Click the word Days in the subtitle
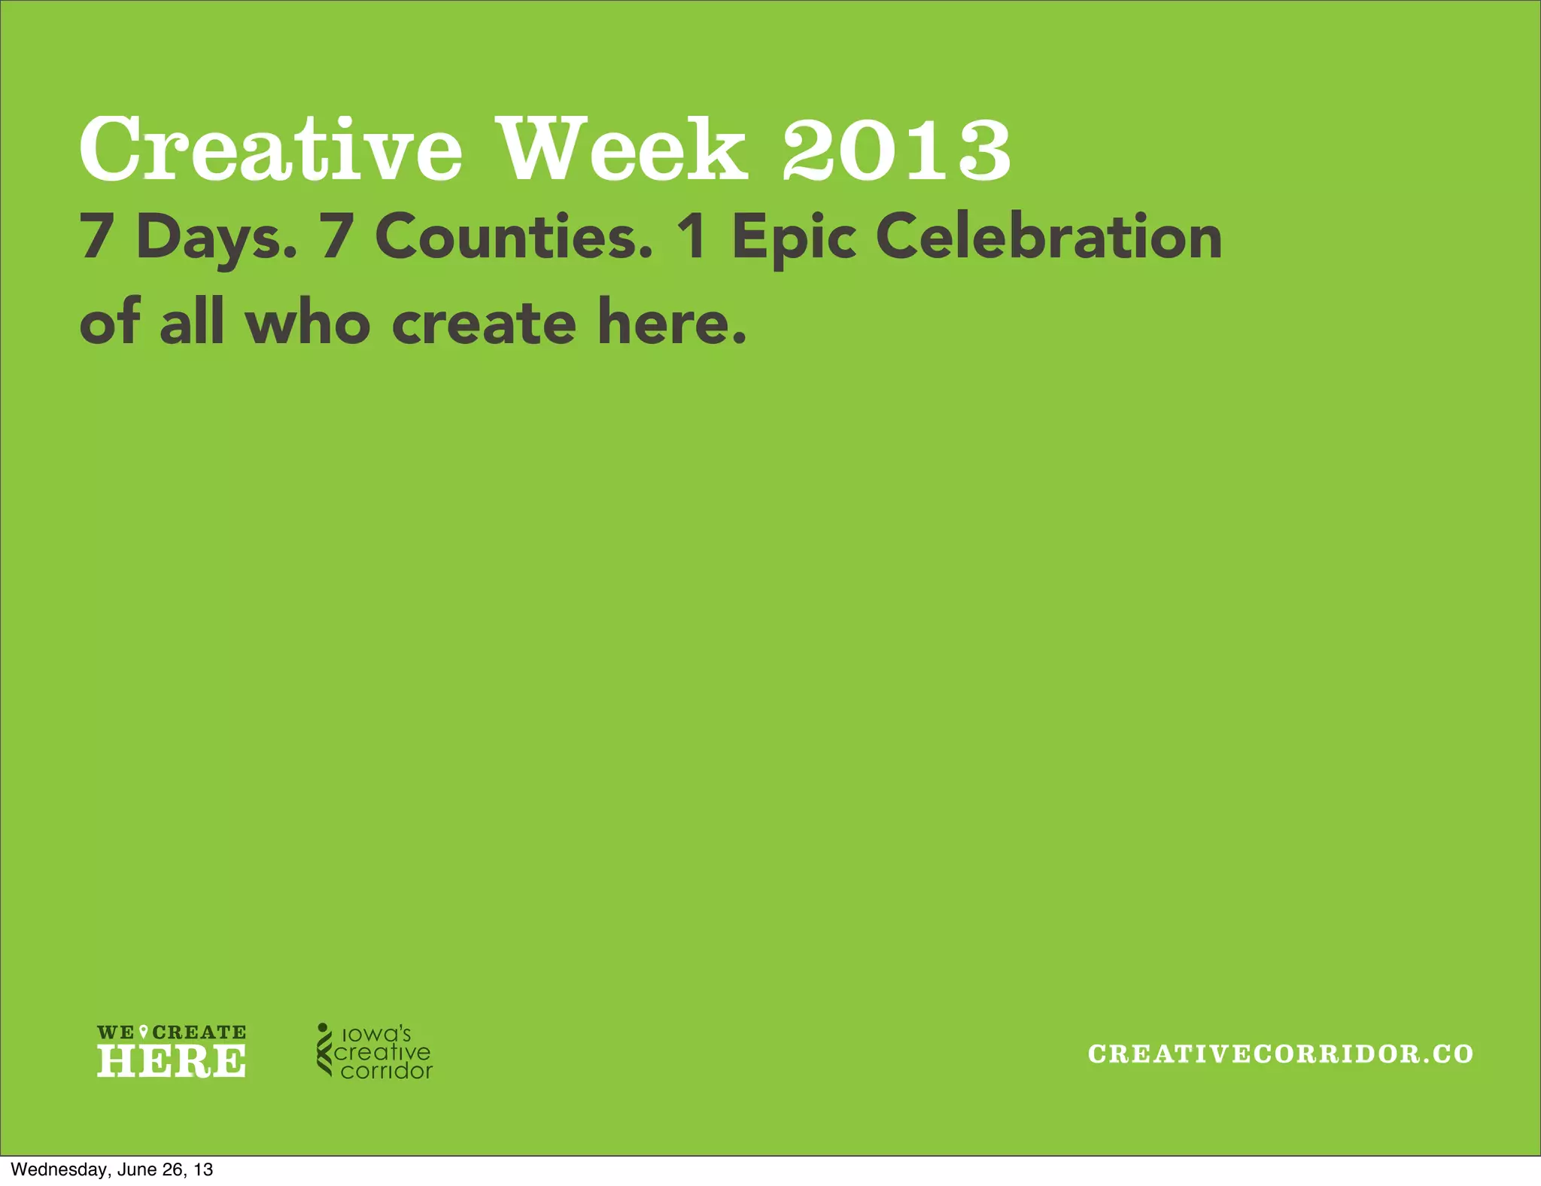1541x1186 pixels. click(x=217, y=237)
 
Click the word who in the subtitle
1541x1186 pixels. click(x=309, y=322)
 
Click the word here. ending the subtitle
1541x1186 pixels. click(x=672, y=322)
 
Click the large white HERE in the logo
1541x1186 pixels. click(x=172, y=1061)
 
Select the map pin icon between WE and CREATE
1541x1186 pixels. click(x=144, y=1032)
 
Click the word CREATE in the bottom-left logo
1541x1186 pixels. click(x=199, y=1032)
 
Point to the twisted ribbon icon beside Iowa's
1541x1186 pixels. click(x=324, y=1049)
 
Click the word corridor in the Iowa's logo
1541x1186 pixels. click(x=386, y=1071)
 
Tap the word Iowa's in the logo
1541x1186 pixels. click(x=376, y=1033)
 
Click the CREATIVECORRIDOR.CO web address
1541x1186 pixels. click(x=1280, y=1054)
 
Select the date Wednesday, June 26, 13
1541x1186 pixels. click(x=112, y=1169)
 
